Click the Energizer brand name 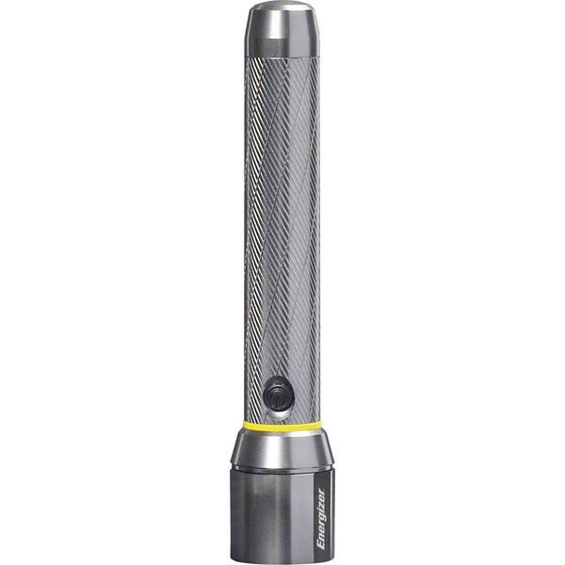[320, 517]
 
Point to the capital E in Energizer [320, 545]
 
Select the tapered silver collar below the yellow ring [282, 448]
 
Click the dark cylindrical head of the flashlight [273, 513]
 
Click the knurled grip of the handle [282, 235]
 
